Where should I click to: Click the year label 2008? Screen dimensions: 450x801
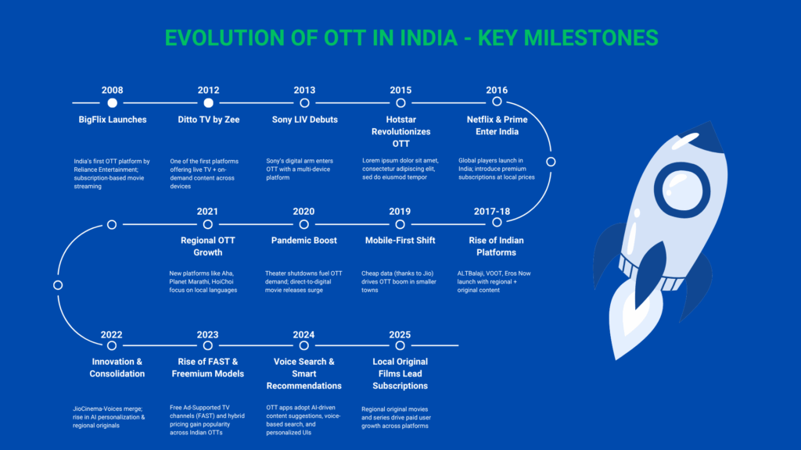click(x=112, y=90)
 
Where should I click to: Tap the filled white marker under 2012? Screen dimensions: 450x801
click(x=208, y=102)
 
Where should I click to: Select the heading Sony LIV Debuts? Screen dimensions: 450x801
click(x=304, y=120)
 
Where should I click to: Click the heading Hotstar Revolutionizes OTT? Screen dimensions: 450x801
click(x=400, y=131)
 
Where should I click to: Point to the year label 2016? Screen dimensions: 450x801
click(x=497, y=90)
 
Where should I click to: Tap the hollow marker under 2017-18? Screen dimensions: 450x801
click(x=497, y=223)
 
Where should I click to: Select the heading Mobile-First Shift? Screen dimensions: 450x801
click(x=400, y=240)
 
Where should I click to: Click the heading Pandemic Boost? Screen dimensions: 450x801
click(x=304, y=240)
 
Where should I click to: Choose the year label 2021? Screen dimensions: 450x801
click(x=207, y=212)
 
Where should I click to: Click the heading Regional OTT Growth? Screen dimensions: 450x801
click(x=208, y=246)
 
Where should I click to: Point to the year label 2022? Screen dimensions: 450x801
click(x=112, y=335)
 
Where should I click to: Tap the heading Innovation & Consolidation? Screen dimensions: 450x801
click(x=117, y=367)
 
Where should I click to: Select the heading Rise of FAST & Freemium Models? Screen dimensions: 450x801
click(x=208, y=367)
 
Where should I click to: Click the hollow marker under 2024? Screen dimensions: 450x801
click(x=304, y=345)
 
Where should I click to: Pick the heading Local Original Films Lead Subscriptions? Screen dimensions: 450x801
click(x=400, y=373)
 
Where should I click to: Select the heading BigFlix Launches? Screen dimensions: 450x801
click(x=112, y=120)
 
